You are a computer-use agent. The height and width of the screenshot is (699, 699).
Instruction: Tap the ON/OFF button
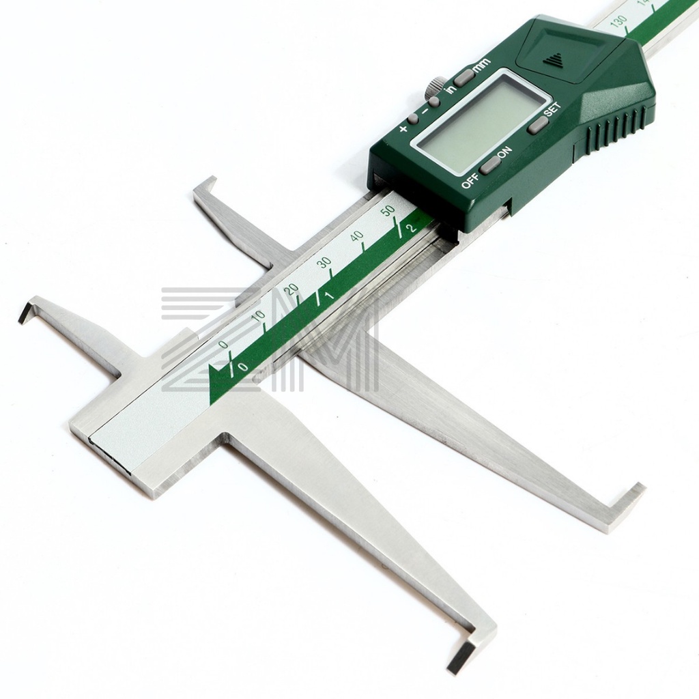coord(489,165)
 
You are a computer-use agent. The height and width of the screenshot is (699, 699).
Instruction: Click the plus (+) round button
coord(413,118)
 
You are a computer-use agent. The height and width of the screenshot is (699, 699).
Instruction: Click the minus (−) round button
coord(435,101)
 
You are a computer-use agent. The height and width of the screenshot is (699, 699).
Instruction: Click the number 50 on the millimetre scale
coord(388,210)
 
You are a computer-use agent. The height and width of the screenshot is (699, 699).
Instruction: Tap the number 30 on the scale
coord(324,263)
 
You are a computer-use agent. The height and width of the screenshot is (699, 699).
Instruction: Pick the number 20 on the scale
coord(292,289)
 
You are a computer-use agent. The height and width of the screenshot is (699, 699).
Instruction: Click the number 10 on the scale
coord(258,316)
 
